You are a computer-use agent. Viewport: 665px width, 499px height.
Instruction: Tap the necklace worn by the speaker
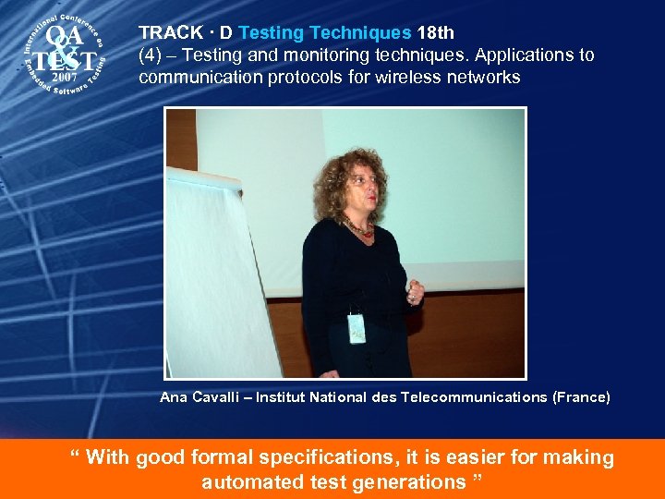[358, 227]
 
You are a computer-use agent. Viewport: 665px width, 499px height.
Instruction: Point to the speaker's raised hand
[415, 294]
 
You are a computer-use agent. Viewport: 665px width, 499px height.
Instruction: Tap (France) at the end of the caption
[581, 397]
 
